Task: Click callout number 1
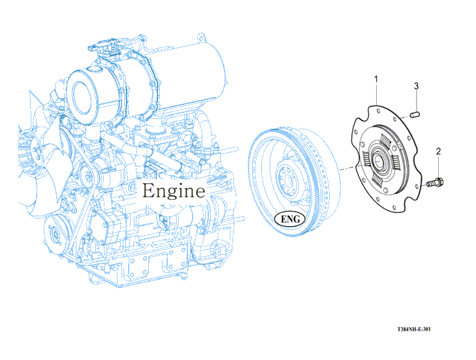pyautogui.click(x=376, y=80)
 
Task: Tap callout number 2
pyautogui.click(x=438, y=152)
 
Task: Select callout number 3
pyautogui.click(x=416, y=86)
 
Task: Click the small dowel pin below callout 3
pyautogui.click(x=416, y=116)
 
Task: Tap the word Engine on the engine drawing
pyautogui.click(x=174, y=191)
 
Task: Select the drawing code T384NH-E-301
pyautogui.click(x=414, y=329)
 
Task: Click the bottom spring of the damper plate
pyautogui.click(x=381, y=180)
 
